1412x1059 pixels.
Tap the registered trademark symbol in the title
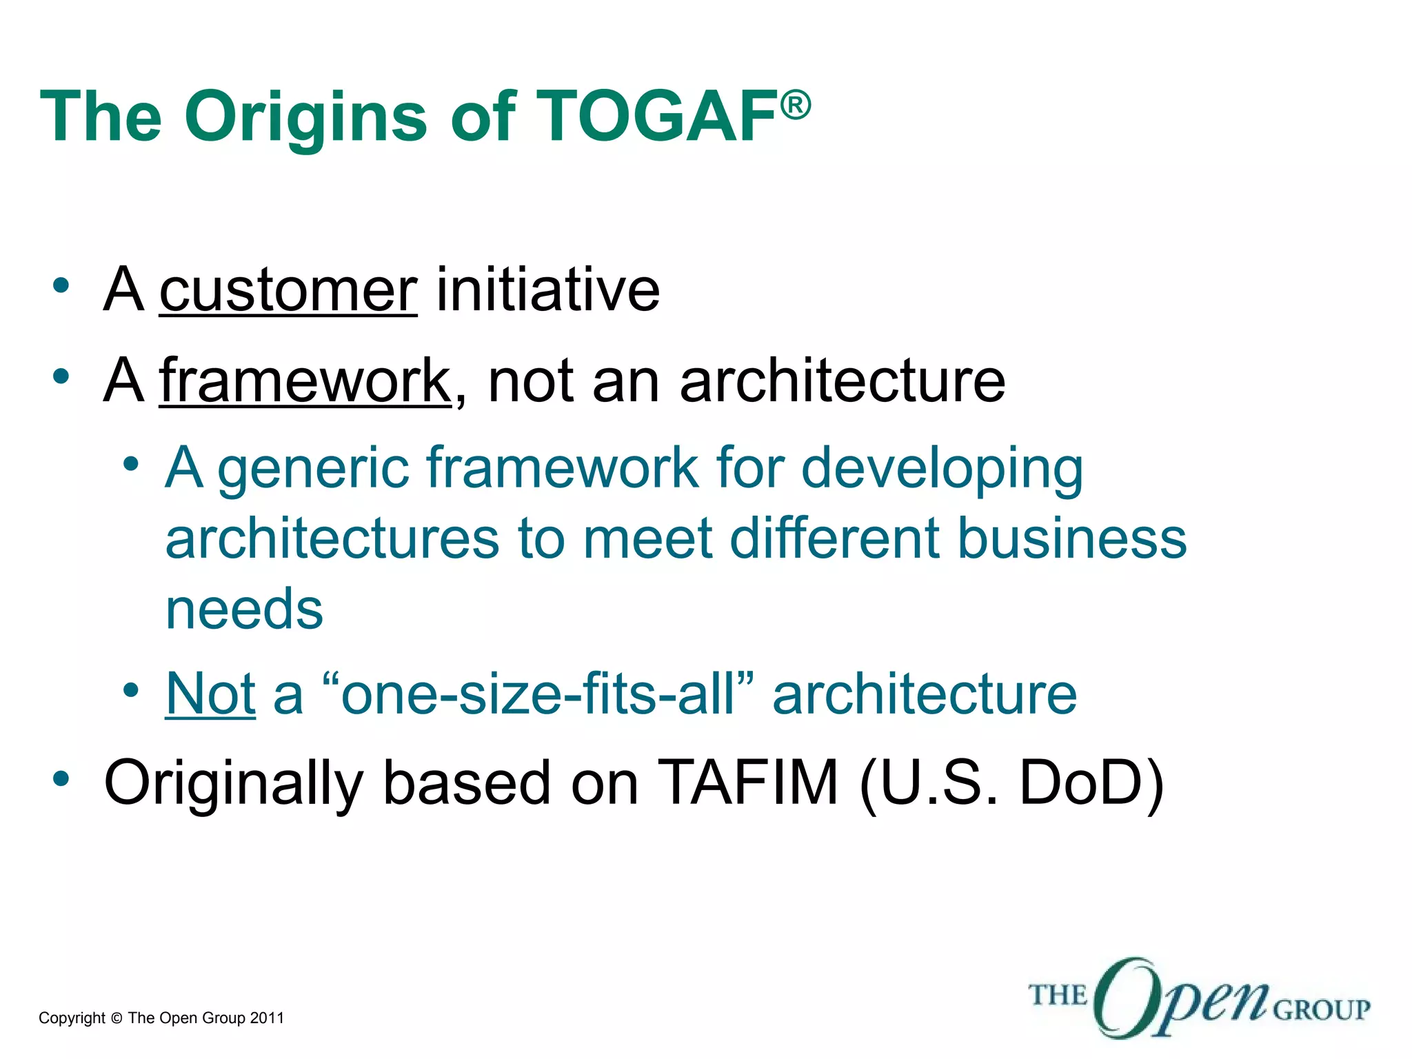(x=796, y=105)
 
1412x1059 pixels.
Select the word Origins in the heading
(x=305, y=117)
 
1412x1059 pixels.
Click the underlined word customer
(x=288, y=290)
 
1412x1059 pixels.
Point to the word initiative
(x=548, y=290)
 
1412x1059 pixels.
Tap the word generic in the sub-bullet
(x=314, y=469)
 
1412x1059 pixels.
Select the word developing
(x=942, y=469)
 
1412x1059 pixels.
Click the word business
(x=1072, y=538)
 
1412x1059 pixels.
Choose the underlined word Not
(x=210, y=694)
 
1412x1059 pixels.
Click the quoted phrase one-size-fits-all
(x=538, y=694)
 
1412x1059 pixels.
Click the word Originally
(x=233, y=782)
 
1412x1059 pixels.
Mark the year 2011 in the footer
(x=267, y=1018)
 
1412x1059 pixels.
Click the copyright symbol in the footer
(x=116, y=1018)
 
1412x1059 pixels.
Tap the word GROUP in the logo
(x=1321, y=1009)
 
